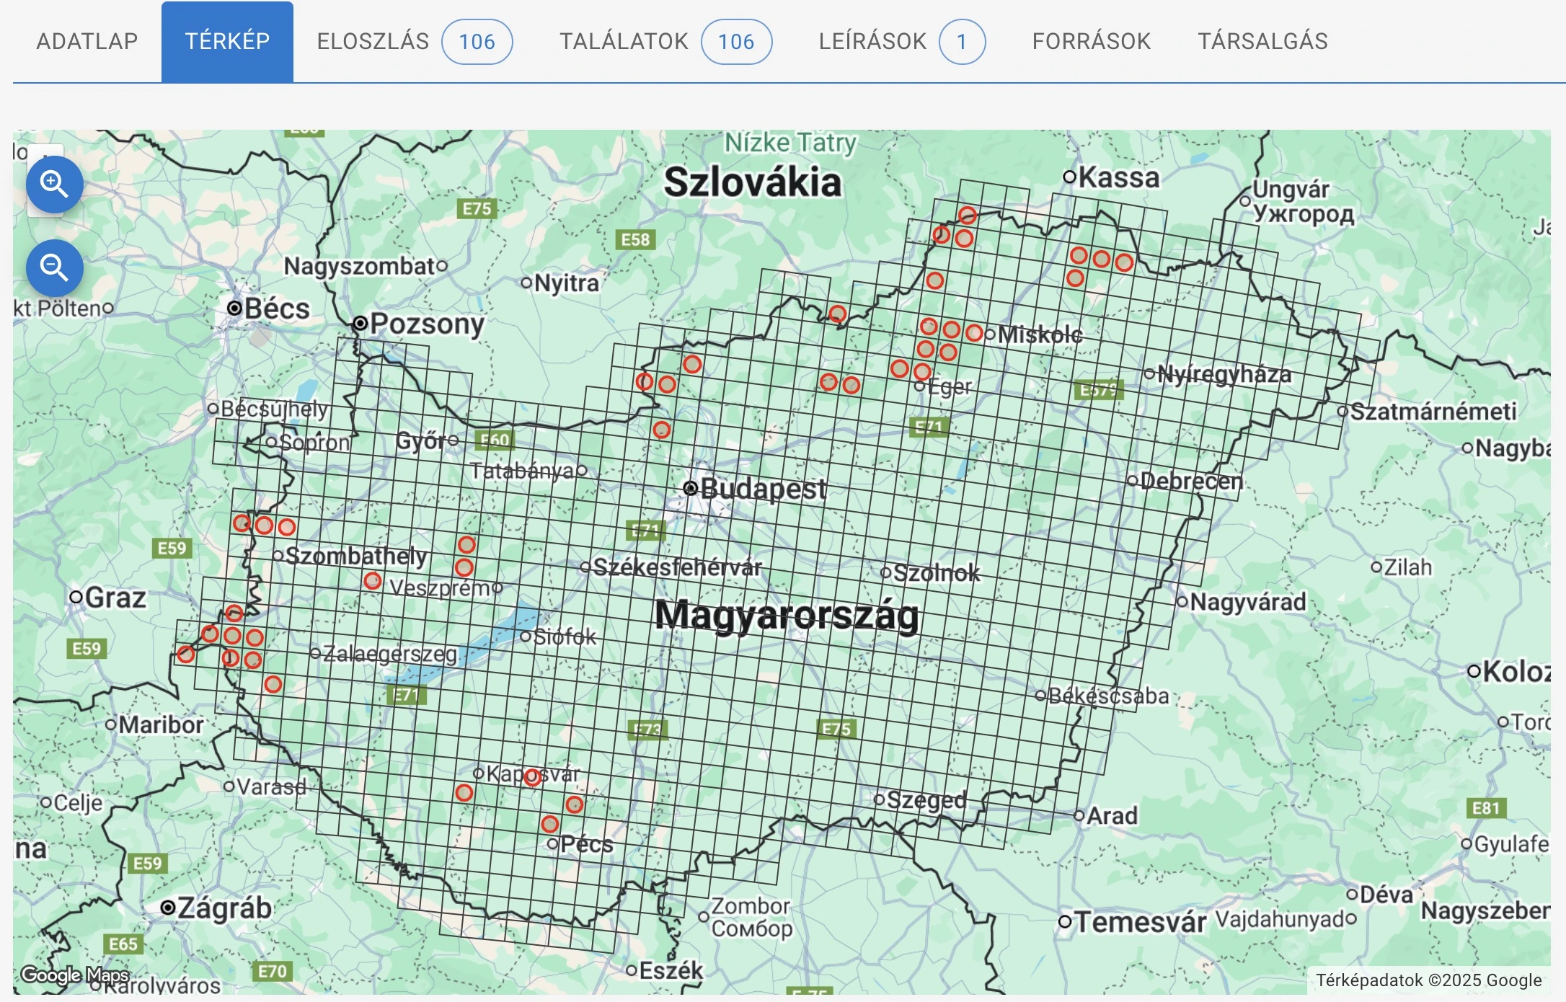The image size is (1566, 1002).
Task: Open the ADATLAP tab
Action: point(87,41)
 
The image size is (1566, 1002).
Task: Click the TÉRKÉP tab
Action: point(227,41)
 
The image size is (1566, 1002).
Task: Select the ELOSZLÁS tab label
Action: point(373,41)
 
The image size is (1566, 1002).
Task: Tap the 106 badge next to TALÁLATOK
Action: point(735,42)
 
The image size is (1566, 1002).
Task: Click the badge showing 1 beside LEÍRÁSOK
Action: point(961,42)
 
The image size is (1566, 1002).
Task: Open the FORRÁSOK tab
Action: point(1091,41)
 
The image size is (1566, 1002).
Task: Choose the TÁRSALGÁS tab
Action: point(1262,41)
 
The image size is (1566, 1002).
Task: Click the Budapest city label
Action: point(762,489)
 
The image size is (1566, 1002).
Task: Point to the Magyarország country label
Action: point(786,616)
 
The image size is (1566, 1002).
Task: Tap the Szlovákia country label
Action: point(752,182)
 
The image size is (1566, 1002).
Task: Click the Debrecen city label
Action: point(1191,481)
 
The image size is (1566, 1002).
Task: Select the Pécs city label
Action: point(586,844)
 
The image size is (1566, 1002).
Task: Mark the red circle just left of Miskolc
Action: point(974,333)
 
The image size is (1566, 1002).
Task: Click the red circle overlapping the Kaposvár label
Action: point(532,777)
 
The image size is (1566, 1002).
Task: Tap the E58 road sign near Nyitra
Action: point(635,239)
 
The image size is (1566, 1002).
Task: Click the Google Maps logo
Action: point(74,975)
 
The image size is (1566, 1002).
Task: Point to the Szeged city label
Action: point(926,799)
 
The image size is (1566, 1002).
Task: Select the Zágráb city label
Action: point(224,908)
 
